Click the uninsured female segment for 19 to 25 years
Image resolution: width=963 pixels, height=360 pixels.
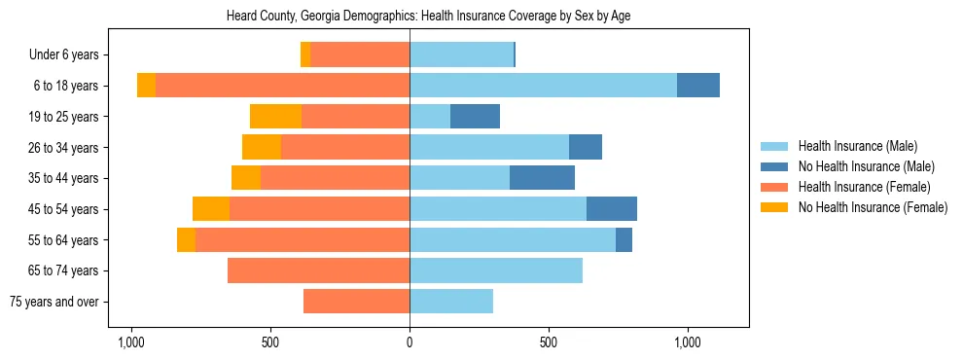point(275,117)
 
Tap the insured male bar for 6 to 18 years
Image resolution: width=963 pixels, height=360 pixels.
point(543,86)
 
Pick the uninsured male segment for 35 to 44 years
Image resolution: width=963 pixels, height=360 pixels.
point(542,178)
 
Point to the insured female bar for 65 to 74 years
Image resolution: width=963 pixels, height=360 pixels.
point(318,270)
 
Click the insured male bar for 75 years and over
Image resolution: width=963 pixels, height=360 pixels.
point(451,302)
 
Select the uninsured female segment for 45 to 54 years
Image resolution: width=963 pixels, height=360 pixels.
point(211,209)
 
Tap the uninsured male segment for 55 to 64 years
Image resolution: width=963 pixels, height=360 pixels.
point(624,239)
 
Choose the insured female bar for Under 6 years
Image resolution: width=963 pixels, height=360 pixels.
point(360,55)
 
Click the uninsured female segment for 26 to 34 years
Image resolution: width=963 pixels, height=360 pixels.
point(262,147)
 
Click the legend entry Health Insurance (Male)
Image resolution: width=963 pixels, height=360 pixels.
point(857,146)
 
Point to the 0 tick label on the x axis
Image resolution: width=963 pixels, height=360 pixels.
point(410,343)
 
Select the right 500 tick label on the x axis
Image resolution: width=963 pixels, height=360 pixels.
point(549,343)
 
